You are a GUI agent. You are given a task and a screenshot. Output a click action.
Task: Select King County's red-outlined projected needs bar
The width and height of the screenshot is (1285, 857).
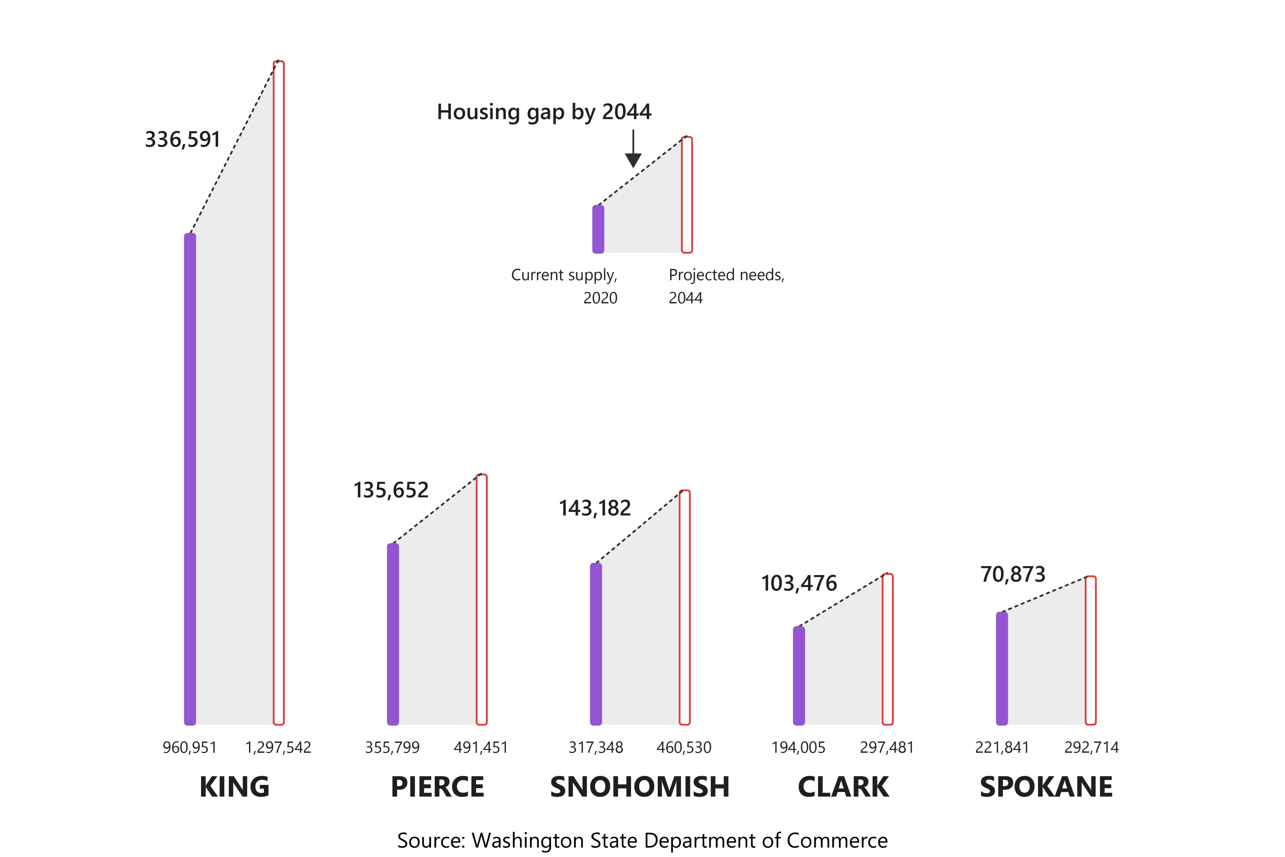pos(279,392)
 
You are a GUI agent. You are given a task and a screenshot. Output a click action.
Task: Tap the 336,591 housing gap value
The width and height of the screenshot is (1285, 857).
pos(182,139)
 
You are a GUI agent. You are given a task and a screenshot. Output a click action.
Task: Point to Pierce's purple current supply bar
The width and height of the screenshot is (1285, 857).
pos(393,634)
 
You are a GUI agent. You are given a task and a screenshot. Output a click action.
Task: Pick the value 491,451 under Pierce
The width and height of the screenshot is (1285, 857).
pos(481,747)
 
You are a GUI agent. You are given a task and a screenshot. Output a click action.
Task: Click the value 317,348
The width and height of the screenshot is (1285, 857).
pos(595,747)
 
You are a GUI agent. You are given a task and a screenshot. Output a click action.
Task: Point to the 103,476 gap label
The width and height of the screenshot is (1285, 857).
pos(799,583)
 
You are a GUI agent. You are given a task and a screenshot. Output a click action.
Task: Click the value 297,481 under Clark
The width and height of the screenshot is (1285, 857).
pos(887,747)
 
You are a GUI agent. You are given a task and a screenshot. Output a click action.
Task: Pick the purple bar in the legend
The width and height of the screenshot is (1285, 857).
pos(598,229)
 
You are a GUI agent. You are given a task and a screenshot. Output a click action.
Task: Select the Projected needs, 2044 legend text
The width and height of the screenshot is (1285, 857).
pos(726,286)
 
